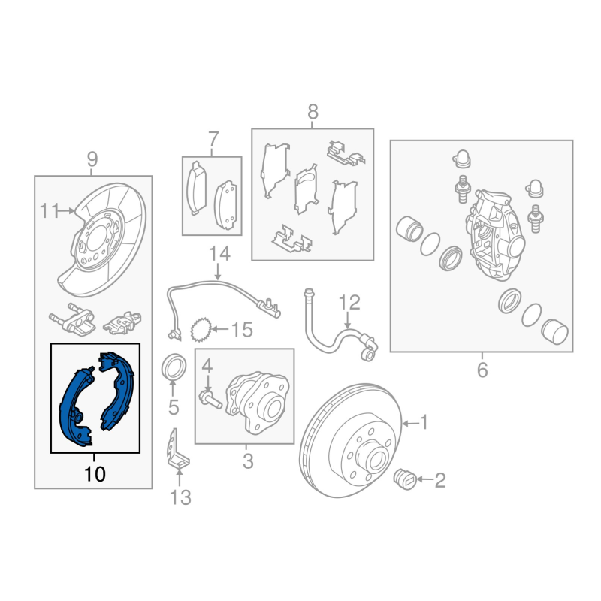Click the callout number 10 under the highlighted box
(95, 474)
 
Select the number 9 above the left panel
(92, 159)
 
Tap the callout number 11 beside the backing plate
(50, 211)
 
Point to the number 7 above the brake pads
(213, 139)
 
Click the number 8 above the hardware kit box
(313, 112)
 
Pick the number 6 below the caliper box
(482, 370)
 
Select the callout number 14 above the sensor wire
(219, 254)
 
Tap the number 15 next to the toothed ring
(242, 329)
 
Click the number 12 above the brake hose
(349, 303)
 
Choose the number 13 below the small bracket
(180, 497)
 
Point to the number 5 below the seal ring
(174, 407)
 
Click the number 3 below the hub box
(248, 461)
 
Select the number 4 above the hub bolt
(207, 367)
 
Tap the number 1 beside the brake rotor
(424, 422)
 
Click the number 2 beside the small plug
(440, 480)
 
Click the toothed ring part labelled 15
(201, 329)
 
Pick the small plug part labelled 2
(405, 479)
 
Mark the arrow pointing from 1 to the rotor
(410, 424)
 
